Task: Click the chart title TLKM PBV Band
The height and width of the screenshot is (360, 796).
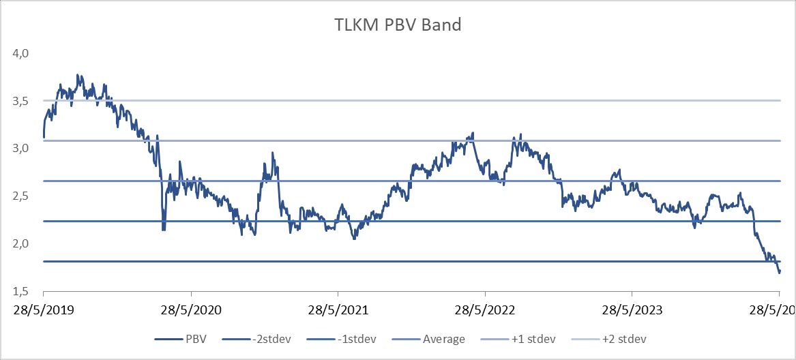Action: pyautogui.click(x=398, y=25)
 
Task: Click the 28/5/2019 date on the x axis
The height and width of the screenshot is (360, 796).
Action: pyautogui.click(x=44, y=311)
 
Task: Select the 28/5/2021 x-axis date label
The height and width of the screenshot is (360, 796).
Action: pyautogui.click(x=338, y=311)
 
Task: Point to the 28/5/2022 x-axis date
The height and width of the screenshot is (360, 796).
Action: pyautogui.click(x=485, y=311)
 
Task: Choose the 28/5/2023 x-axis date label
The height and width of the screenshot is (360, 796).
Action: pyautogui.click(x=632, y=311)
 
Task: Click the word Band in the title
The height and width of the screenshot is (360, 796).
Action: pyautogui.click(x=441, y=25)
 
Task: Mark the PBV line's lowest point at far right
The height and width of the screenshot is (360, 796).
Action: pyautogui.click(x=779, y=273)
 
